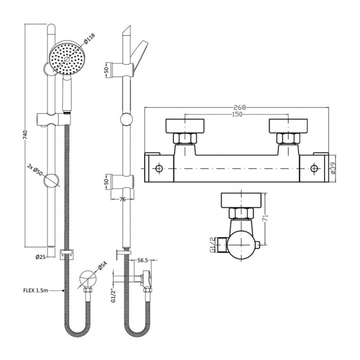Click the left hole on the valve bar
159,168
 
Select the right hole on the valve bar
315,168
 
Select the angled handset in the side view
142,54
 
